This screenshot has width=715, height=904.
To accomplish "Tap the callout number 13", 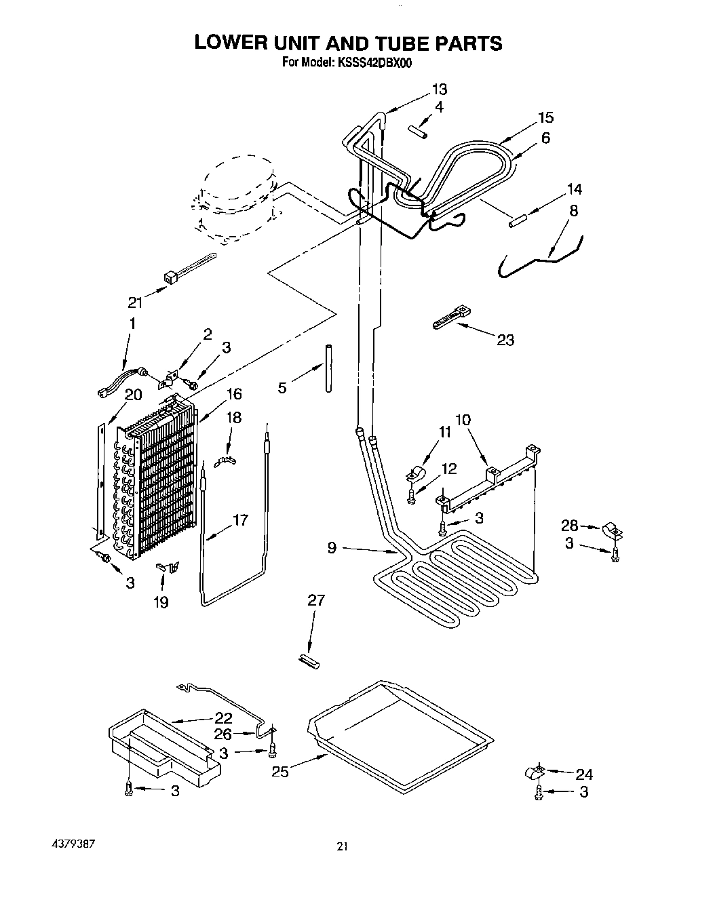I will (439, 90).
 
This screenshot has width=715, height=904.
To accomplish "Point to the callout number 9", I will (332, 547).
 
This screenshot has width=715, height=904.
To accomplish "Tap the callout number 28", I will (569, 524).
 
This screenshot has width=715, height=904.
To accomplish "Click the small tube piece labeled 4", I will (417, 132).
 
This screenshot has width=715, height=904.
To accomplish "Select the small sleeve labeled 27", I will (309, 660).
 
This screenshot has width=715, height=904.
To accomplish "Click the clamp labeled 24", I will (534, 772).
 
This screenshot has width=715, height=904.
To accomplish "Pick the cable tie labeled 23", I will (449, 318).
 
